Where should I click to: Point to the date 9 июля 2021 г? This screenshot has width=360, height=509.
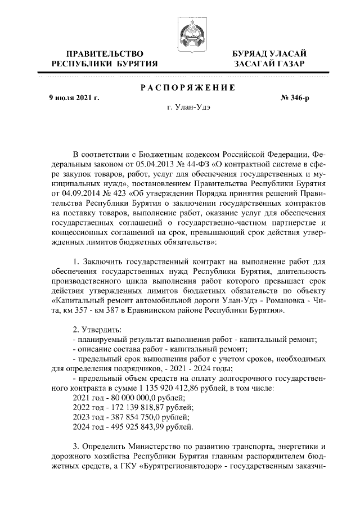pos(74,98)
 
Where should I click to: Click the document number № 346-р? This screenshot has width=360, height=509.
pos(295,98)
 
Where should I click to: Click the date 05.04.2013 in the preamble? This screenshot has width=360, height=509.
pos(154,164)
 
